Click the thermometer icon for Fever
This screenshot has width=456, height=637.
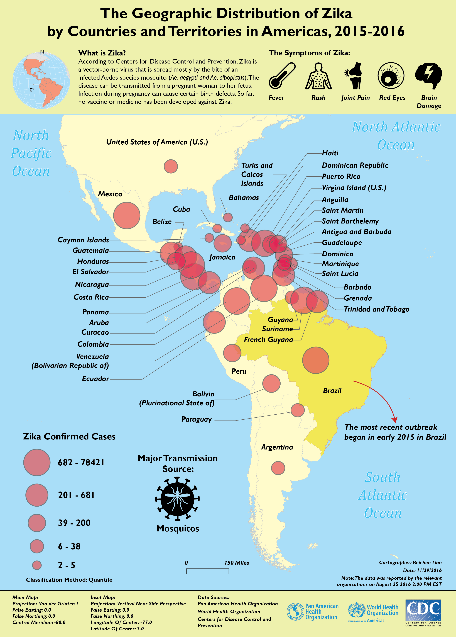pos(281,76)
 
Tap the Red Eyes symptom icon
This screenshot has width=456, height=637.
pos(391,76)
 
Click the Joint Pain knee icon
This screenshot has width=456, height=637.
pos(354,76)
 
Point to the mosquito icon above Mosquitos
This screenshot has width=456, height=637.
pos(177,499)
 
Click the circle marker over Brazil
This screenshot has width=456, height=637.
pos(316,360)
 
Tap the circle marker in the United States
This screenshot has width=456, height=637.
pos(171,166)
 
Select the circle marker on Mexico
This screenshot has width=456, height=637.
pos(127,215)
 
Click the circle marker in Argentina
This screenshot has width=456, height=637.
pos(278,468)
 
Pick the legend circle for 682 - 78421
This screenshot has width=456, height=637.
pos(37,462)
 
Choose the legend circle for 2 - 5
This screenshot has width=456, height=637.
pos(37,565)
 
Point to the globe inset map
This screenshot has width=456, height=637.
pos(41,81)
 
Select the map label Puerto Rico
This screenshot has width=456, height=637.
pos(341,176)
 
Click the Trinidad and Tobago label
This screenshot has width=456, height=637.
pos(376,309)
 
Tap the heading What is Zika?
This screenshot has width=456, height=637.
pos(102,53)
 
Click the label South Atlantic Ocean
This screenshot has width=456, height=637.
pos(383,495)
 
